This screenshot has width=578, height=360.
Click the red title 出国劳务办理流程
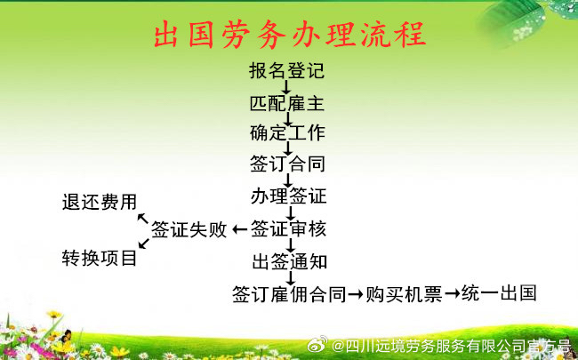[290, 36]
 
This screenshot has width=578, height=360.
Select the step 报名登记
[287, 70]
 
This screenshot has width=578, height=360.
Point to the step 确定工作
[287, 132]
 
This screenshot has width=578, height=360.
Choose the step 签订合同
[287, 164]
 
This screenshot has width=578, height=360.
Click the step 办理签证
[289, 196]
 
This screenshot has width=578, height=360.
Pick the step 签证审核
[289, 228]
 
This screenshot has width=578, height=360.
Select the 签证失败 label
[189, 228]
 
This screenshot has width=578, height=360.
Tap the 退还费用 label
[100, 202]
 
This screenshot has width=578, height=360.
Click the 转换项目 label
[100, 258]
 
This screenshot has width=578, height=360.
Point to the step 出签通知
[290, 261]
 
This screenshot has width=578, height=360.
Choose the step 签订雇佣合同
[289, 294]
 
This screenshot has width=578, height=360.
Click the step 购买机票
[404, 294]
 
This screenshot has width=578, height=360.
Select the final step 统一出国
[499, 293]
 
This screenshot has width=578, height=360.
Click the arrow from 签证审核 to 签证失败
[239, 229]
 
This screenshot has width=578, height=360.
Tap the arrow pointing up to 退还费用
[142, 219]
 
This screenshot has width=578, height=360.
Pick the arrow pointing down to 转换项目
[144, 244]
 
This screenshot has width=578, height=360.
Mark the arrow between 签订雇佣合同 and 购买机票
[356, 294]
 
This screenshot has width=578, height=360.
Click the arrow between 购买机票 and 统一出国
[452, 294]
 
